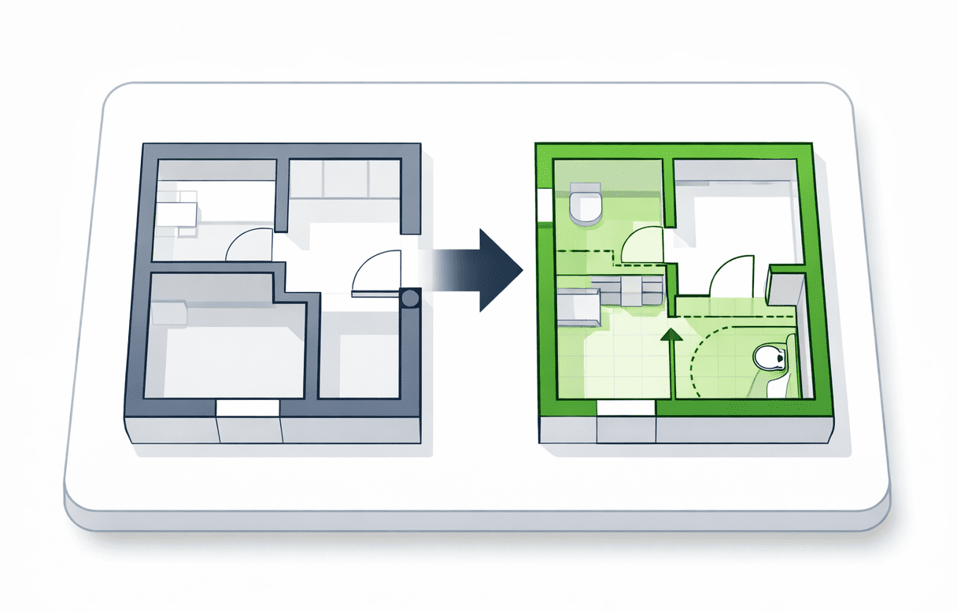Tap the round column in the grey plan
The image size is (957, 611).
pos(409,298)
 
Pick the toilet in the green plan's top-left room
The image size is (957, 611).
pos(585,206)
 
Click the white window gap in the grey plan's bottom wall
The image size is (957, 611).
pos(248,408)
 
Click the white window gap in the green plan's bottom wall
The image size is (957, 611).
pos(626,408)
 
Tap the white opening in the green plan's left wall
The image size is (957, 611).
pos(543,203)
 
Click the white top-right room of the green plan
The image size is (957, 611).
pos(740,220)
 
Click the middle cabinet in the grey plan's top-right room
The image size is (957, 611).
pos(346,179)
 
